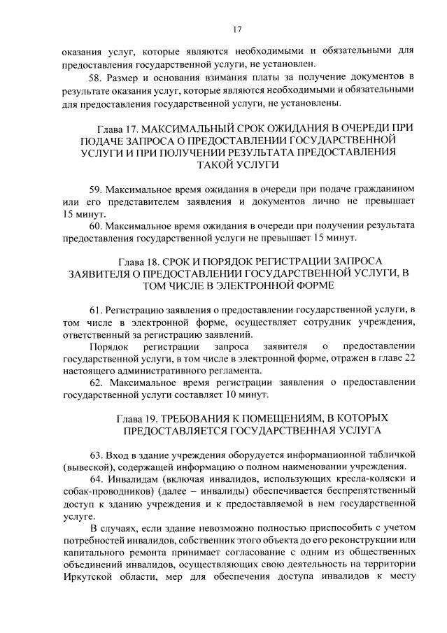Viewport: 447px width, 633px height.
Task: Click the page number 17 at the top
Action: tap(237, 29)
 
